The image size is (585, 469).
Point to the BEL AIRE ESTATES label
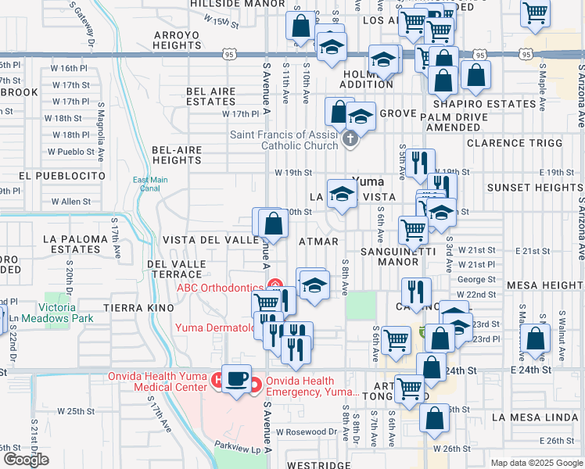coord(211,97)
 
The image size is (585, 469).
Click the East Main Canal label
coord(150,184)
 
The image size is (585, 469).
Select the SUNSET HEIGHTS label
coord(534,188)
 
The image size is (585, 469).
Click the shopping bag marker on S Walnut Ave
coord(536,342)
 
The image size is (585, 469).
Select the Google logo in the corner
coord(25,460)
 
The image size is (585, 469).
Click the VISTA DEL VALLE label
coord(210,240)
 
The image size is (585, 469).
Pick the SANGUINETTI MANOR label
coord(401,256)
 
